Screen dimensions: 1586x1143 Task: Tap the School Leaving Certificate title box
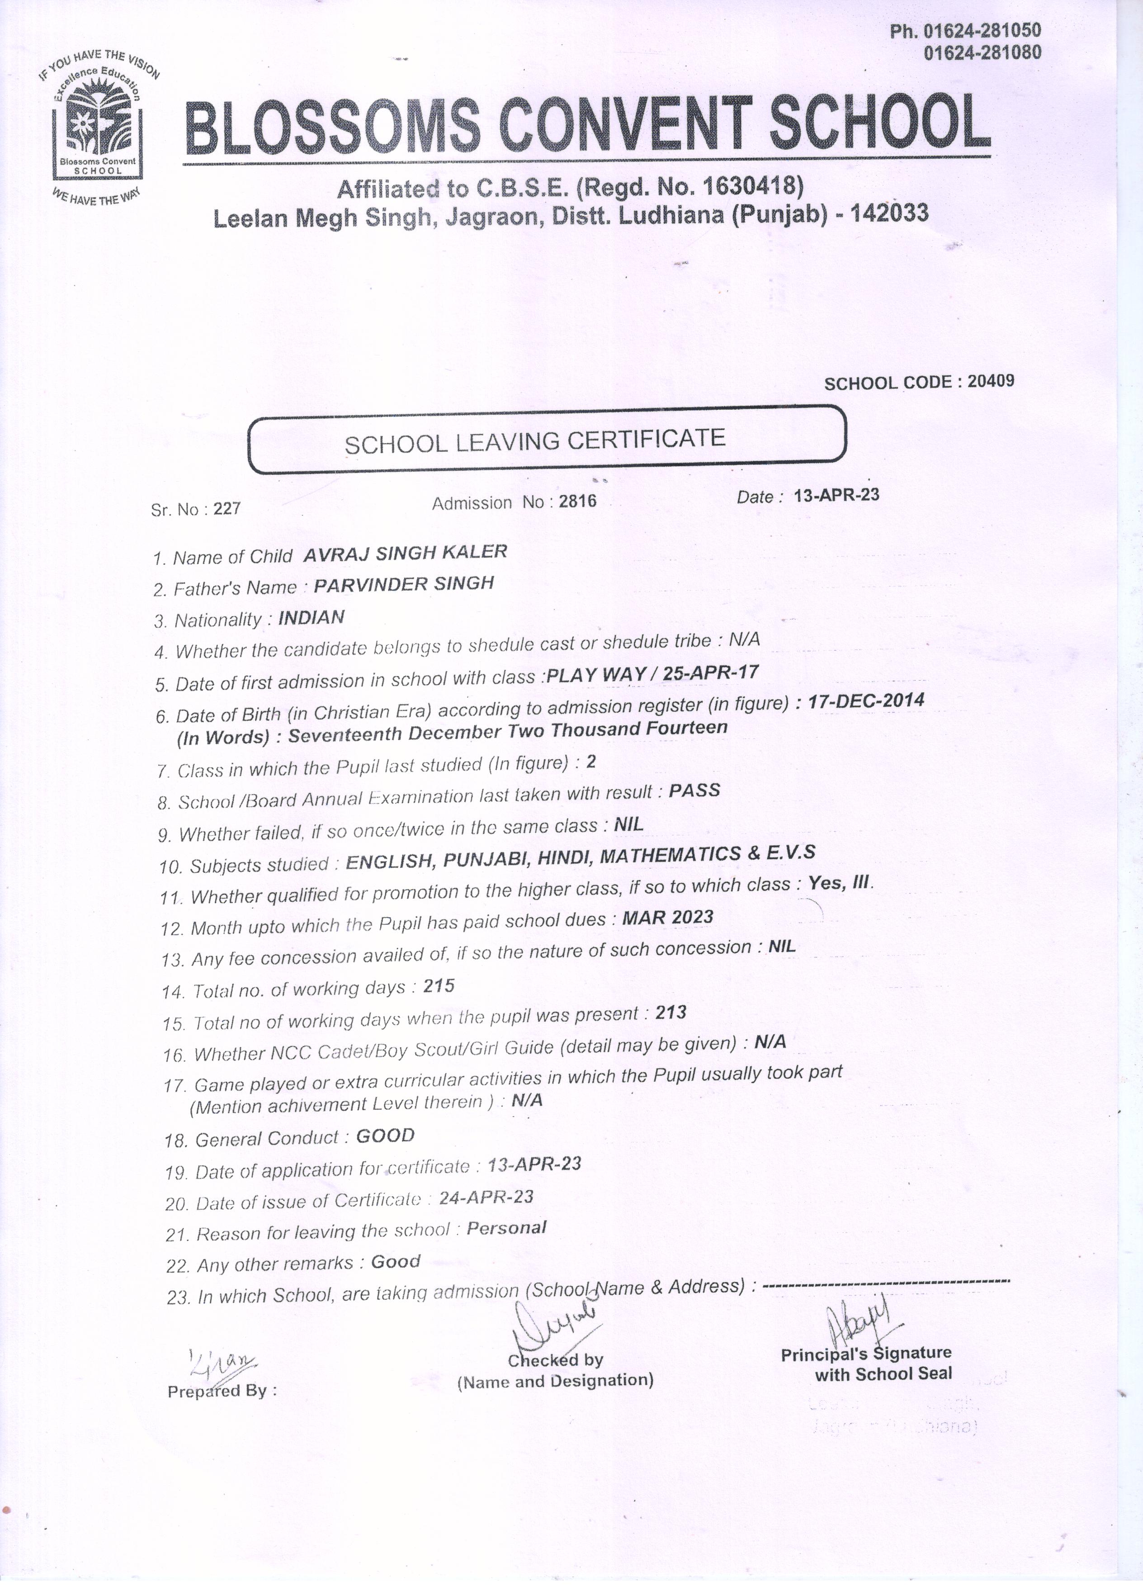(548, 440)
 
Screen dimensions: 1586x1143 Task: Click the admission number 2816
(577, 502)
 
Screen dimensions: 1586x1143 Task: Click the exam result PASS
(694, 790)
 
